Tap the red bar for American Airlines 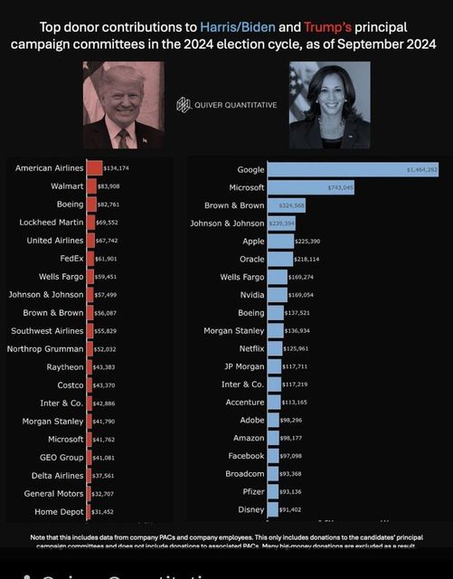tap(93, 167)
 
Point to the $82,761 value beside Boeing tap(109, 204)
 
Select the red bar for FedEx tap(91, 258)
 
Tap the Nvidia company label tap(250, 294)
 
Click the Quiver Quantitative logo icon tap(184, 104)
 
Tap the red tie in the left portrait tap(122, 138)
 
